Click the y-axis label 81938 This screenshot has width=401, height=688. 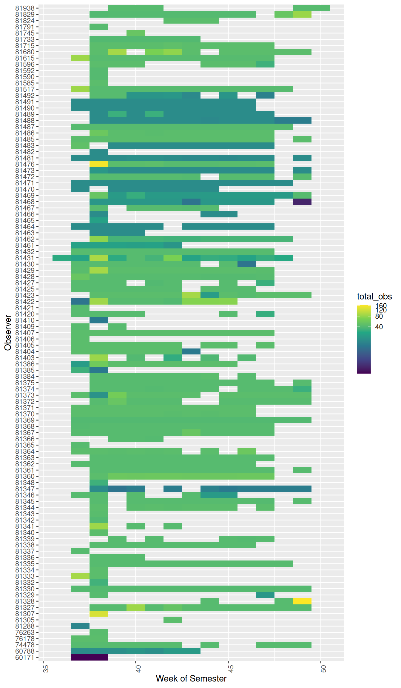[x=25, y=8]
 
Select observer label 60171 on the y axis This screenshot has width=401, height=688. [x=25, y=657]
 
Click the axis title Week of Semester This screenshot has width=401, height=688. [x=191, y=678]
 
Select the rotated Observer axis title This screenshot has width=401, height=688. [x=8, y=333]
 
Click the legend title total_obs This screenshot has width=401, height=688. [x=374, y=297]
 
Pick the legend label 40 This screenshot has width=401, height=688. [x=379, y=327]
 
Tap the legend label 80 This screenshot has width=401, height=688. [x=379, y=316]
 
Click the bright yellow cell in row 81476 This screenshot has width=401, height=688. [x=99, y=164]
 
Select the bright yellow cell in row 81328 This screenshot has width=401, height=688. [x=302, y=601]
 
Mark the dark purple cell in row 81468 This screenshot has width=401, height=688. [x=302, y=202]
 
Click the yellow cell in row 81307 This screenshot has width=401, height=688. [x=99, y=614]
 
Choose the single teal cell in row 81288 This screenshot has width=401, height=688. [x=80, y=626]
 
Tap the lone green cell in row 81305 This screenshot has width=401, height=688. [x=173, y=620]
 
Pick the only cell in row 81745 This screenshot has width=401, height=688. [x=136, y=33]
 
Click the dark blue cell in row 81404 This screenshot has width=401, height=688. [x=191, y=351]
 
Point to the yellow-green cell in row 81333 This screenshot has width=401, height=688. [x=80, y=576]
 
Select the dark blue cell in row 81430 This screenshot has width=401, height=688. [x=247, y=264]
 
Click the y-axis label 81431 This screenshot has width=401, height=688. [x=25, y=258]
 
